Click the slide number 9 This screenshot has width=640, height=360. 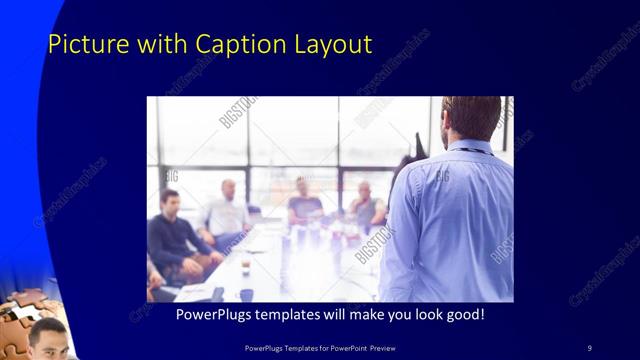589,347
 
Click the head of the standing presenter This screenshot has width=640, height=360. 471,118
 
